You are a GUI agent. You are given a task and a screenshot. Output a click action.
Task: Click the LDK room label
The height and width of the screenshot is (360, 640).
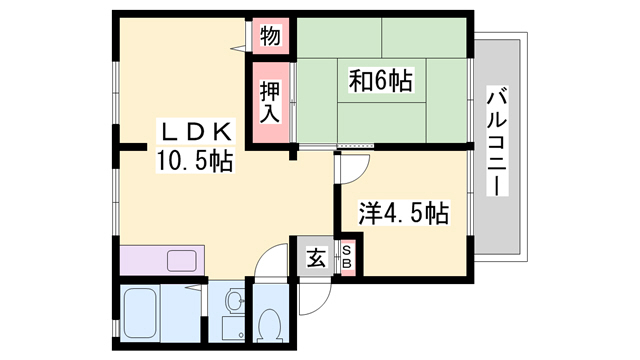195,131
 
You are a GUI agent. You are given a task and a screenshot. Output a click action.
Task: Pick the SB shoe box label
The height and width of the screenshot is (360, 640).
346,258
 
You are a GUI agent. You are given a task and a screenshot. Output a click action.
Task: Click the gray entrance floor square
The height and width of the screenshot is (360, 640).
313,259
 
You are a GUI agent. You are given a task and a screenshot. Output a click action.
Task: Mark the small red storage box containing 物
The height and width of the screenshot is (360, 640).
269,35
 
